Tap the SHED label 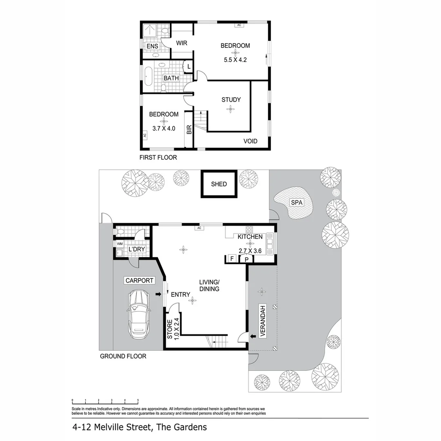coord(219,184)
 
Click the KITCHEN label coord(250,237)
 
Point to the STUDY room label coord(231,100)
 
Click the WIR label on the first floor coord(181,43)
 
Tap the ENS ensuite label coord(152,46)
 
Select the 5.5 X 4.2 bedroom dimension coord(235,60)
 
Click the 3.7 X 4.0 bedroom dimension coord(163,128)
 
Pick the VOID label coord(250,141)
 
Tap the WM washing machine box coord(120,244)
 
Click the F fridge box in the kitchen coord(232,258)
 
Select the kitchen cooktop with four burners coord(249,229)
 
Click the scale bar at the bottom coord(105,402)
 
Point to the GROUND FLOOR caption coord(123,356)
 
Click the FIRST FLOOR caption coord(158,158)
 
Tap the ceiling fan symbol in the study coord(231,109)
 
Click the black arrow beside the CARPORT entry coord(158,294)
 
